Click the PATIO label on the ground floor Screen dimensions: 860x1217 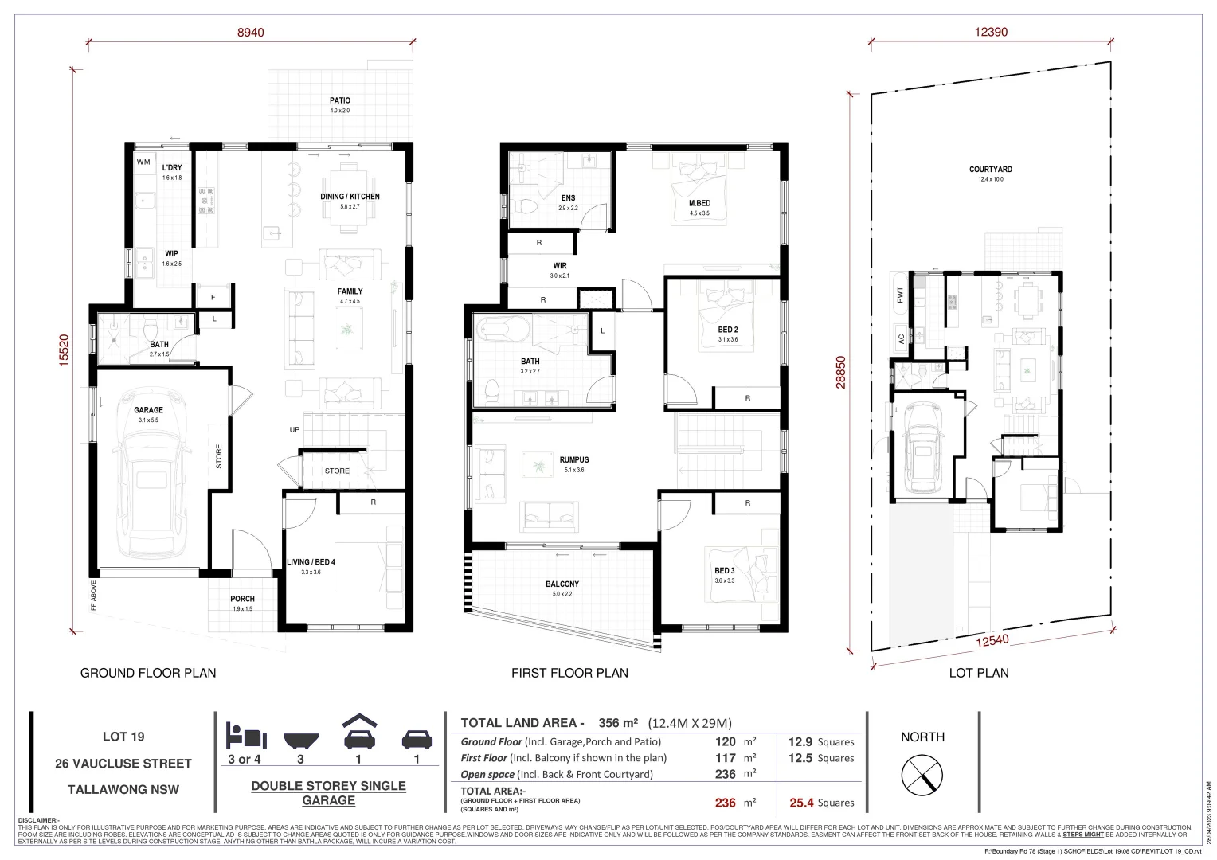[x=340, y=101]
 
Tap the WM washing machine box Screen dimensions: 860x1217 [x=143, y=162]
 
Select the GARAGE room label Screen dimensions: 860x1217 [x=148, y=410]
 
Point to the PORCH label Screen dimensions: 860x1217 [x=242, y=599]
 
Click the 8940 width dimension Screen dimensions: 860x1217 [x=250, y=33]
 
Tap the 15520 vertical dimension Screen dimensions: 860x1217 [x=64, y=349]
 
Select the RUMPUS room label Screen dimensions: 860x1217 [x=573, y=460]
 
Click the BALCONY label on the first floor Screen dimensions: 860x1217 [x=562, y=584]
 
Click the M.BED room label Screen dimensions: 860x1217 [x=699, y=204]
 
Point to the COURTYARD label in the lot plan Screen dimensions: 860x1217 [x=990, y=170]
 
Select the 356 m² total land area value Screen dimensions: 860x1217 [x=619, y=723]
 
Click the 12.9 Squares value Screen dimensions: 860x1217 [x=821, y=741]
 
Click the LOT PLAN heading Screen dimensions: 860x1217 [x=978, y=673]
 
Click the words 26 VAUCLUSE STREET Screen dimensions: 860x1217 [x=123, y=764]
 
